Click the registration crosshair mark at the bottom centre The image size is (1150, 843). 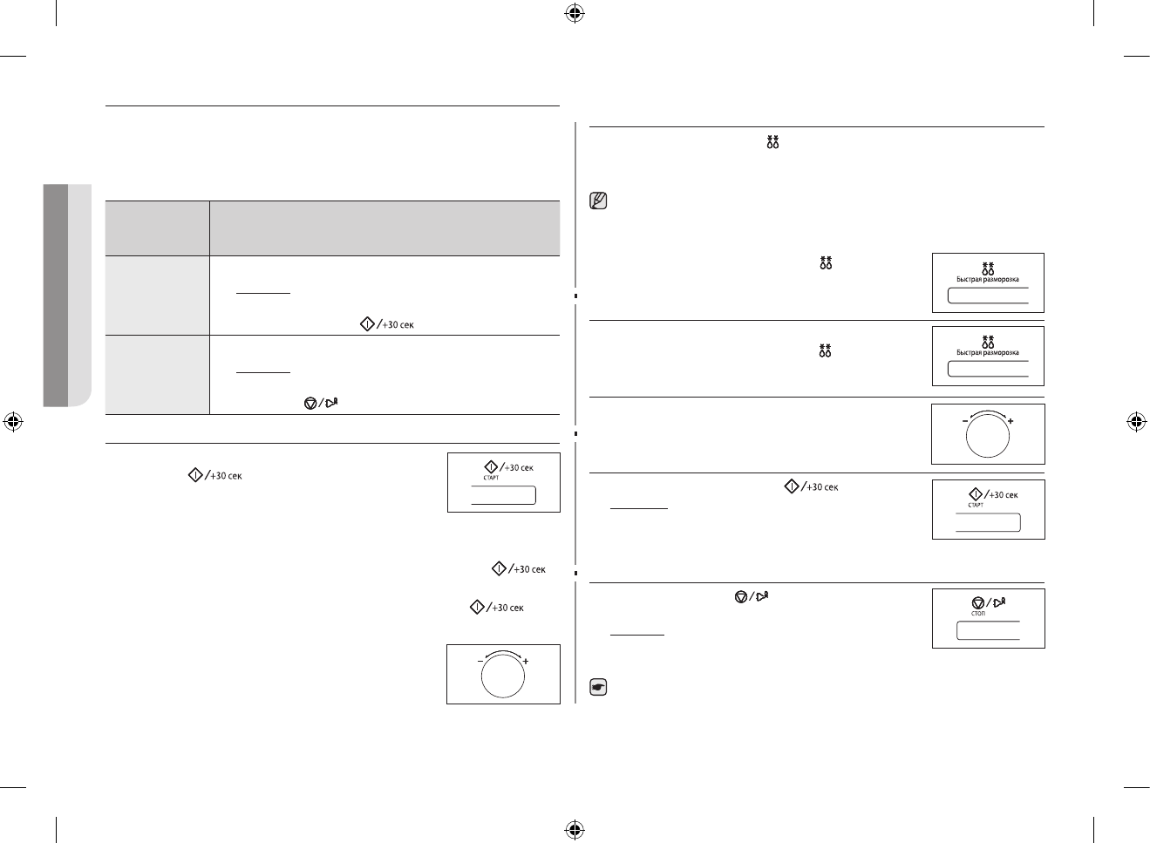tap(574, 829)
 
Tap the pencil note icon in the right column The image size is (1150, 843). tap(599, 201)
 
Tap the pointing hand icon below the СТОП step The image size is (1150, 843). tap(599, 688)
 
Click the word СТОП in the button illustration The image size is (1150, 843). tap(977, 614)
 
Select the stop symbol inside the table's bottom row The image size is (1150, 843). tap(310, 403)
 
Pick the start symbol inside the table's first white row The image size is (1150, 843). tap(367, 324)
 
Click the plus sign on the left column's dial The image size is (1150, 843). tap(526, 662)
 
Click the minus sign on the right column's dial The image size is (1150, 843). tap(966, 421)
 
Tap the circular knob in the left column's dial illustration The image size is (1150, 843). tap(502, 676)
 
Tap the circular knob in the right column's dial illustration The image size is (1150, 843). tap(988, 436)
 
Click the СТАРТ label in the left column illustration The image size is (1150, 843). tap(491, 478)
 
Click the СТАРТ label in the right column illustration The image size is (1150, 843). tap(976, 505)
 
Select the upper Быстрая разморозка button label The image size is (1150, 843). tap(988, 280)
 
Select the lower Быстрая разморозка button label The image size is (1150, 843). tap(988, 352)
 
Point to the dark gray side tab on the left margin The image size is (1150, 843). tap(55, 295)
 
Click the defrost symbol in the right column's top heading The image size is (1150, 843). tap(772, 142)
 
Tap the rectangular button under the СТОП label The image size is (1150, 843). tap(988, 631)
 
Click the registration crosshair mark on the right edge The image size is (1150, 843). tap(1135, 422)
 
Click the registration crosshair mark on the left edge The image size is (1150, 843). tap(13, 422)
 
